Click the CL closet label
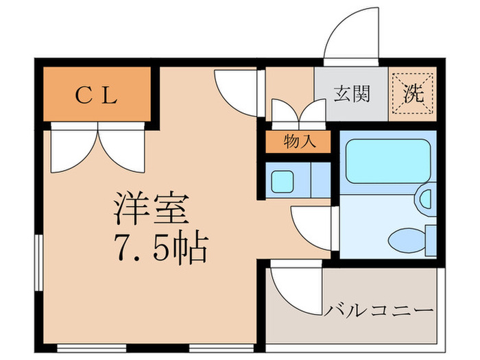[x=96, y=96]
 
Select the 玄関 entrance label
[x=352, y=94]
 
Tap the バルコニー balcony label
[x=379, y=310]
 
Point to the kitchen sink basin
[x=281, y=181]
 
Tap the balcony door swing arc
[x=291, y=285]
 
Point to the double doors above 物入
[x=298, y=110]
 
